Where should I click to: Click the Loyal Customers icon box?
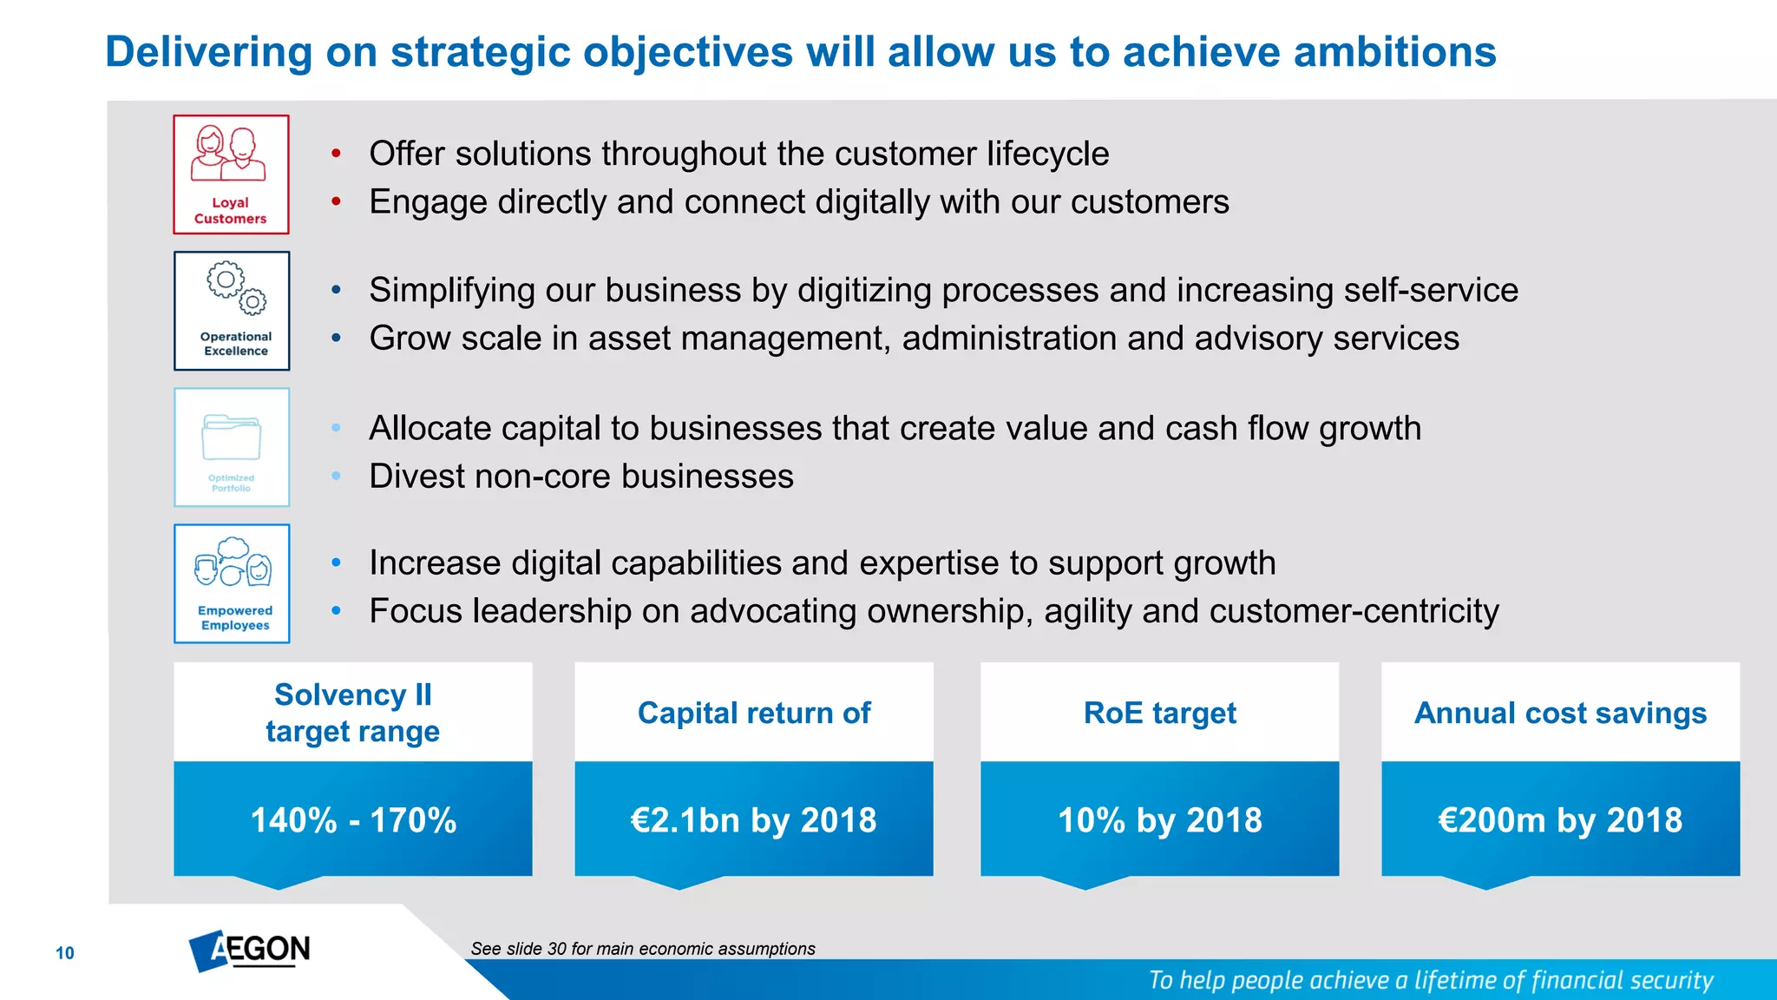tap(231, 174)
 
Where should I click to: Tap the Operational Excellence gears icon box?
tap(232, 311)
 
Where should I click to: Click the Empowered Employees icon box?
tap(232, 583)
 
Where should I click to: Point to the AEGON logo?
tap(250, 950)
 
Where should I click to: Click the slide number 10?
tap(65, 953)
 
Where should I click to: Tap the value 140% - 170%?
tap(353, 820)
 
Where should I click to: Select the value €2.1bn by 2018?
tap(753, 820)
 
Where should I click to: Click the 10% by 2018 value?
tap(1159, 820)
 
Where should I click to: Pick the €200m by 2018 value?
tap(1560, 820)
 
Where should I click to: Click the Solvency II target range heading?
tap(353, 713)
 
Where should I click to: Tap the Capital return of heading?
tap(753, 713)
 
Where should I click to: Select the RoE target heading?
tap(1159, 713)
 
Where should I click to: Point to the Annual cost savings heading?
tap(1560, 713)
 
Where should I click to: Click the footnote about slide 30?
tap(643, 949)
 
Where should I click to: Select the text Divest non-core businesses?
tap(581, 477)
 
